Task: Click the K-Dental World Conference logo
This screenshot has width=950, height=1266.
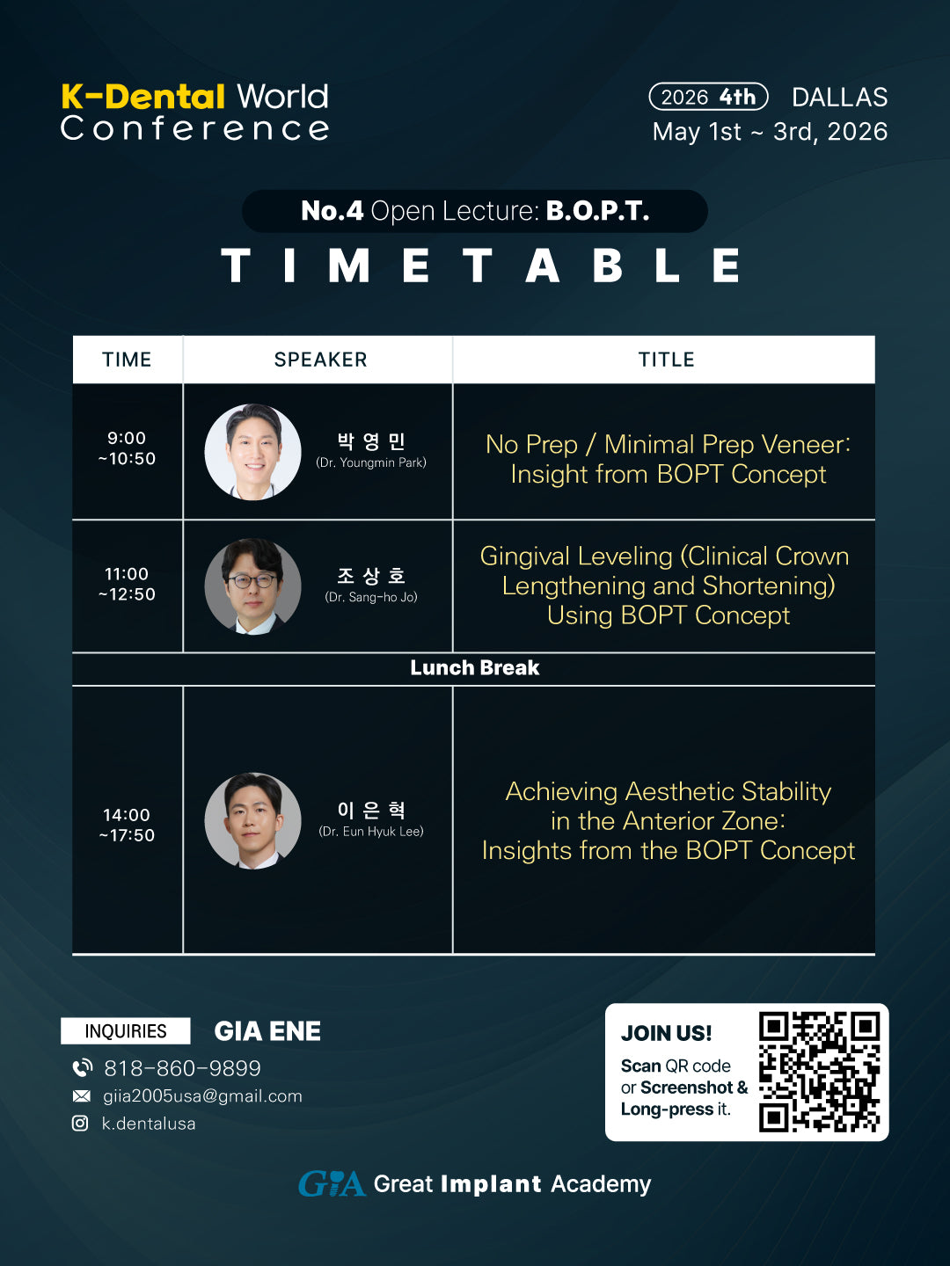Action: [x=194, y=112]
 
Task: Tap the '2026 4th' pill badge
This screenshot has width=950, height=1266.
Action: [x=708, y=97]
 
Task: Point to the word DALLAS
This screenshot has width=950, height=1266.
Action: [x=839, y=97]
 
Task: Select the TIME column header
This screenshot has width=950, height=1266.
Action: [x=127, y=360]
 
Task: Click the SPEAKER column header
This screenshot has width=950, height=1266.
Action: [x=320, y=360]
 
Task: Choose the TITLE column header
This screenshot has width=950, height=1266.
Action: [x=666, y=360]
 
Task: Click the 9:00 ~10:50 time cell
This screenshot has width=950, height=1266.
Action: [x=127, y=448]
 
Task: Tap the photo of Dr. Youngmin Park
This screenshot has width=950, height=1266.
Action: [x=253, y=452]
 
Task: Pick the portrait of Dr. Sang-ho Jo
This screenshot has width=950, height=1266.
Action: [x=253, y=586]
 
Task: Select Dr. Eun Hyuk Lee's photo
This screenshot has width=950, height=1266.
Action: [x=253, y=820]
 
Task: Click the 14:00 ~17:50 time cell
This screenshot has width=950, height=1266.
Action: [x=127, y=825]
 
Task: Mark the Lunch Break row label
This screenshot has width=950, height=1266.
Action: [x=474, y=668]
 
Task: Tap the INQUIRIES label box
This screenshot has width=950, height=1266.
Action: [x=126, y=1031]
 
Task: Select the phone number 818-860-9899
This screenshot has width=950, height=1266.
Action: [x=182, y=1068]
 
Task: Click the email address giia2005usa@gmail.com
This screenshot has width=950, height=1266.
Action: [x=202, y=1096]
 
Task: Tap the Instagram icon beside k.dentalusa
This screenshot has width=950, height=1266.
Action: [x=80, y=1124]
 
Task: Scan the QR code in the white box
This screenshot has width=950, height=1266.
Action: [x=819, y=1072]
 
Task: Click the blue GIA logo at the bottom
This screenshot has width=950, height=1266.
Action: [x=332, y=1184]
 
